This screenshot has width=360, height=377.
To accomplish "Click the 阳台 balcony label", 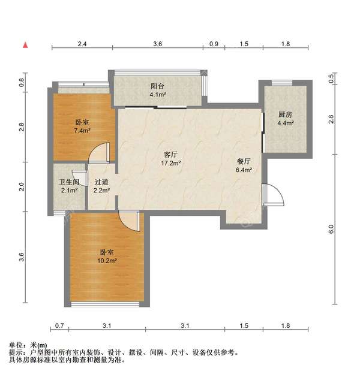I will [x=157, y=86].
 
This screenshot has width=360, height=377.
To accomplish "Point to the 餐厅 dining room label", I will [x=243, y=161].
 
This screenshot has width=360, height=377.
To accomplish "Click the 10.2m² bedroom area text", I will [x=108, y=261].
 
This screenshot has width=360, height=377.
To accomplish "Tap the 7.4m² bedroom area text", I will [x=82, y=130].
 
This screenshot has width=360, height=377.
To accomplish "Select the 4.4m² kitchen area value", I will [x=285, y=123].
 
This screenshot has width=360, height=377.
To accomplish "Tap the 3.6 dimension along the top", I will [x=157, y=44].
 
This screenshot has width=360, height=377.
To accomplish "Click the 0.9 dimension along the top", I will [x=214, y=44].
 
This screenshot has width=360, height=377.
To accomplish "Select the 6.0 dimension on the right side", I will [x=331, y=229].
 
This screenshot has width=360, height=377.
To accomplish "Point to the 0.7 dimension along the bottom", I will [x=59, y=325].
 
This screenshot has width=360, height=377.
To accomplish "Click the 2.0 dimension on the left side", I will [x=22, y=186].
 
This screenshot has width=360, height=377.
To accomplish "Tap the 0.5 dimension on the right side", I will [x=331, y=77].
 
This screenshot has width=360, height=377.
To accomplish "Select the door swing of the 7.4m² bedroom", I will [x=100, y=153].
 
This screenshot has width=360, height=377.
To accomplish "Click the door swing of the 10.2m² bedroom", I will [x=128, y=221].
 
